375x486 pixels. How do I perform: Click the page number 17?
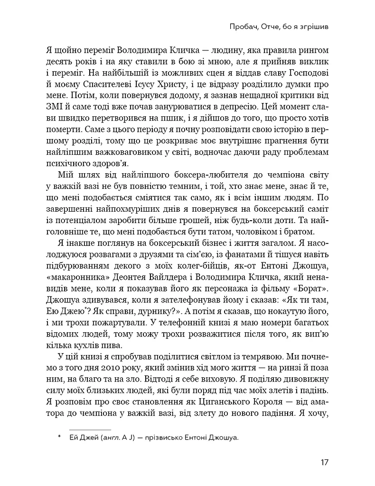324,462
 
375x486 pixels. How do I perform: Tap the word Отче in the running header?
271,28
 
